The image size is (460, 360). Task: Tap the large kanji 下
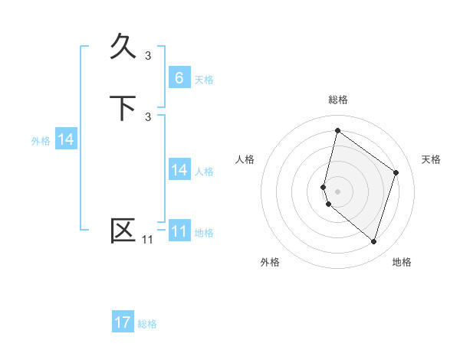[x=123, y=107]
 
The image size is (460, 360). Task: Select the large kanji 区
[x=123, y=230]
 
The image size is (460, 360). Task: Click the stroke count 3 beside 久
[x=148, y=55]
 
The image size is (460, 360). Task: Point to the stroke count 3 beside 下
[x=148, y=116]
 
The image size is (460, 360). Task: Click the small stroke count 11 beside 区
[x=147, y=240]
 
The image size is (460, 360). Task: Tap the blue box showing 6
[x=179, y=77]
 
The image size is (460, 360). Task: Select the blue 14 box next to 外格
[x=66, y=139]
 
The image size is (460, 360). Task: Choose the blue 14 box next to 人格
[x=179, y=170]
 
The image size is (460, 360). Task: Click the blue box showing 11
[x=179, y=231]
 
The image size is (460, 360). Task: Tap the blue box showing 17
[x=123, y=322]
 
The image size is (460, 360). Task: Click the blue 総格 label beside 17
[x=147, y=324]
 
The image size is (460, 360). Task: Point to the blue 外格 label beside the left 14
[x=41, y=141]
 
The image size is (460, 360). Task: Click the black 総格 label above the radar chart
[x=338, y=100]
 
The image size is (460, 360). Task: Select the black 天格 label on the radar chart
[x=432, y=159]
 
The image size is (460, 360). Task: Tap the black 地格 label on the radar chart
[x=402, y=263]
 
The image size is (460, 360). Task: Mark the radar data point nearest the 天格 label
[x=396, y=172]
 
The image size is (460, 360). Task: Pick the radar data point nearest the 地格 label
[x=373, y=242]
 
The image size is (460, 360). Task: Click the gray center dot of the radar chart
[x=338, y=191]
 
